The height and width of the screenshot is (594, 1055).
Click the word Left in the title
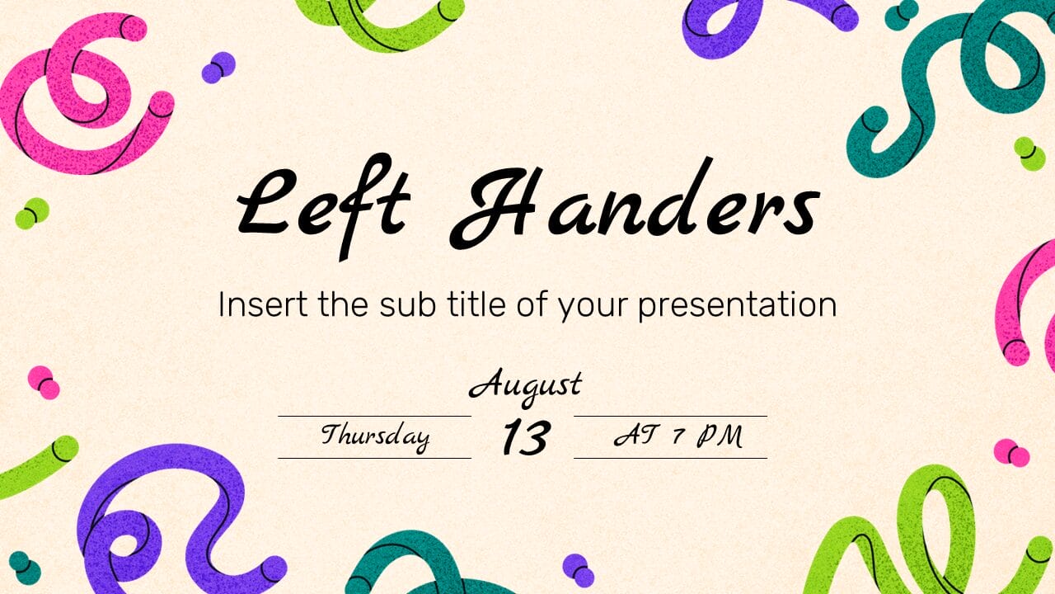click(323, 202)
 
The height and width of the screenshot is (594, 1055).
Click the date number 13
click(524, 437)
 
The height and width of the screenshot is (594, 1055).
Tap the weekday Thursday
click(375, 436)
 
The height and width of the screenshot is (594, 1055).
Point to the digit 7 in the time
click(678, 436)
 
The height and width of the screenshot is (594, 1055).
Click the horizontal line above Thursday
click(374, 417)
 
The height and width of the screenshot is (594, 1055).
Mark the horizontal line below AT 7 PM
click(670, 458)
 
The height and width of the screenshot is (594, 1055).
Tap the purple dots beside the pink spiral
click(218, 67)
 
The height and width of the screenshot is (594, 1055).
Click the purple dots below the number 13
click(578, 569)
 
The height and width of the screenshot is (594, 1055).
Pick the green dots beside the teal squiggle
click(1029, 153)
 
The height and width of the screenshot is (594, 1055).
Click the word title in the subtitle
click(469, 305)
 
